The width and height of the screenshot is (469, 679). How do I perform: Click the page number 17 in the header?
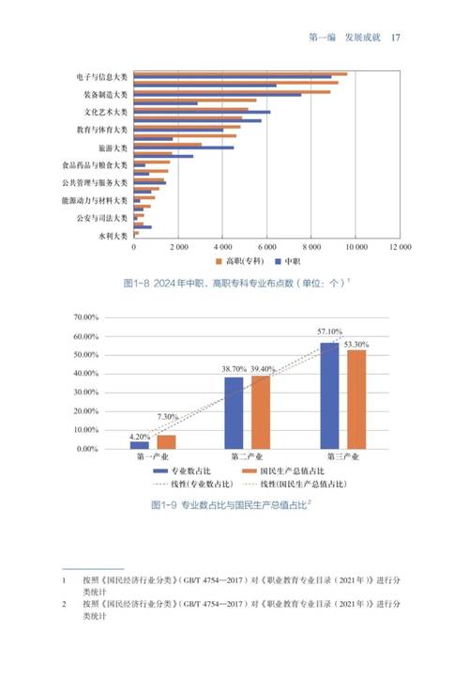pos(396,38)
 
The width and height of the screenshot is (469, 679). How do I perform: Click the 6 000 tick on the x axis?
pos(267,248)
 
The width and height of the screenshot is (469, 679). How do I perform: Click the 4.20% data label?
pos(140,436)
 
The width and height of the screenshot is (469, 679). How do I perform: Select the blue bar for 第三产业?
pos(329,395)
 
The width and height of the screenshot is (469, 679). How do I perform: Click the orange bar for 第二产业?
pos(260,412)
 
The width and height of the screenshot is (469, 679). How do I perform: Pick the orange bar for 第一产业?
pos(166,442)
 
